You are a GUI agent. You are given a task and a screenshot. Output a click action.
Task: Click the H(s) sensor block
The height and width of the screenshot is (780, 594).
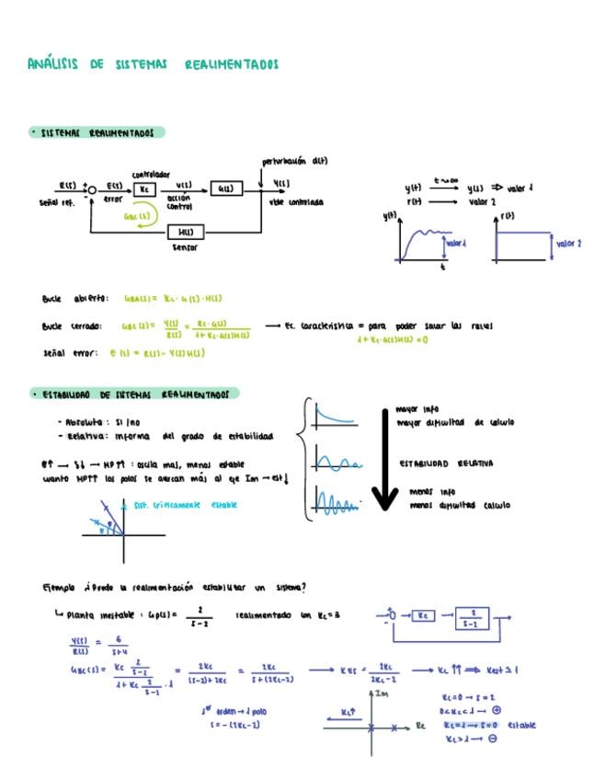185,232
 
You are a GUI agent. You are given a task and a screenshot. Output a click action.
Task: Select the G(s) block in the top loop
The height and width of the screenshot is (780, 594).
223,189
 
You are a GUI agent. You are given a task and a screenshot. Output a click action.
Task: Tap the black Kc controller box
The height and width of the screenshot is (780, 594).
144,189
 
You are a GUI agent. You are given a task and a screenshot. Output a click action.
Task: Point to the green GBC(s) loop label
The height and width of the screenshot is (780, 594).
135,218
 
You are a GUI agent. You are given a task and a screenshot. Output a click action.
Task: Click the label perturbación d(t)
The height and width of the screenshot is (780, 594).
295,160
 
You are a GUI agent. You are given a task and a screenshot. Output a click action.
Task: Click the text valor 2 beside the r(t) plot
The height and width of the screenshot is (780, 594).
568,244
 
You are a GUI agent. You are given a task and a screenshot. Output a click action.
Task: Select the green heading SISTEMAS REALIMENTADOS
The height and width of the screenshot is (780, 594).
96,133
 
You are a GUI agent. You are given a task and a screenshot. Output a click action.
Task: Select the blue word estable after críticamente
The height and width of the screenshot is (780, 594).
224,505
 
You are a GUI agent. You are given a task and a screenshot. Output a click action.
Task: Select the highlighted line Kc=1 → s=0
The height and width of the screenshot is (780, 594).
470,724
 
